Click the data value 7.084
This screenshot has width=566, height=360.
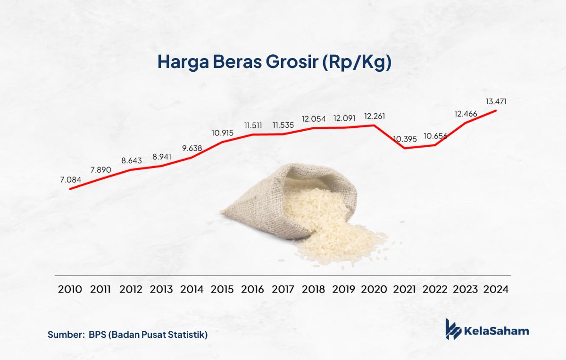click(70, 180)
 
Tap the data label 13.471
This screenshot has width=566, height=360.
click(496, 101)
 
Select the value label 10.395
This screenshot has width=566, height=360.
click(405, 139)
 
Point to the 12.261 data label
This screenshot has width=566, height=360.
click(375, 116)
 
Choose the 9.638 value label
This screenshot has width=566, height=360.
click(192, 148)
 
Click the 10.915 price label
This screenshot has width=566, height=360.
click(222, 133)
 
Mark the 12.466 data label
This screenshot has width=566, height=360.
click(466, 114)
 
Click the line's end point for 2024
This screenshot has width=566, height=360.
click(496, 110)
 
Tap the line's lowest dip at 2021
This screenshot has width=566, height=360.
click(405, 148)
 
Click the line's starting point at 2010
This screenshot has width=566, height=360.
click(70, 189)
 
